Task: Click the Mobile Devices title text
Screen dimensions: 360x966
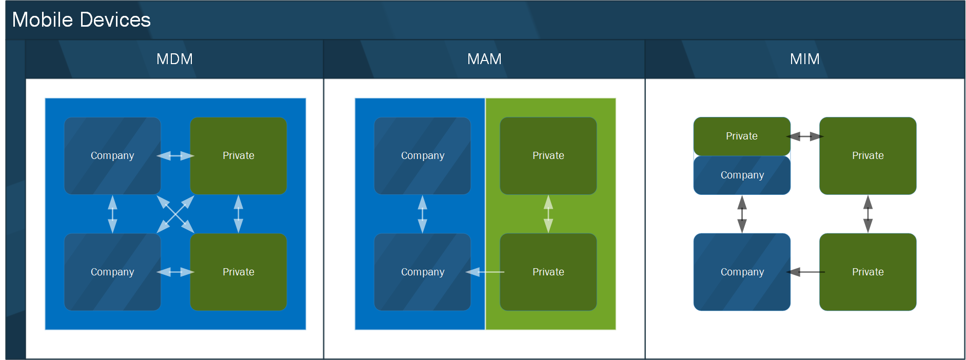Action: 81,20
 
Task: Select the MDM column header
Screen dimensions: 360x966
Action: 174,59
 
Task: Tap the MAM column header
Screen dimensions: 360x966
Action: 484,59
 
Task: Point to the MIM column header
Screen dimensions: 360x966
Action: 804,59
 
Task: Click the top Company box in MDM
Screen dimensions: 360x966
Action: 112,155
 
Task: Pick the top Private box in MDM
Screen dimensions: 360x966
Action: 239,155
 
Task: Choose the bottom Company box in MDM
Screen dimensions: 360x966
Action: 112,272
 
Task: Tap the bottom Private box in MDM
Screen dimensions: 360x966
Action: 239,272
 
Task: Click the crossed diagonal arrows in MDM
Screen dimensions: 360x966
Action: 175,214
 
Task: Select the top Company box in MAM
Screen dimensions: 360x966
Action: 423,155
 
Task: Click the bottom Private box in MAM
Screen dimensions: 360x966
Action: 548,272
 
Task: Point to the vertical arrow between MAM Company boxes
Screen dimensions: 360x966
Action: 423,214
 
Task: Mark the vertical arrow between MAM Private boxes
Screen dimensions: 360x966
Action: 548,214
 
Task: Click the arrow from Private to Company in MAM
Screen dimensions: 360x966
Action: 485,272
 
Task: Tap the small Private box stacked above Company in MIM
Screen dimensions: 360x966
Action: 742,136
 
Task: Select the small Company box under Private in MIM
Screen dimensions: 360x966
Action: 742,175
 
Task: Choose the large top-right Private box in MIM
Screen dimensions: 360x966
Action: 868,155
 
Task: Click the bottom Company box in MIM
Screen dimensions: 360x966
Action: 742,272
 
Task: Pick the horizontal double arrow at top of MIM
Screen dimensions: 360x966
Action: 805,136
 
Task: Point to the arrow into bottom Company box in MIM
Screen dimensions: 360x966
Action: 805,272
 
